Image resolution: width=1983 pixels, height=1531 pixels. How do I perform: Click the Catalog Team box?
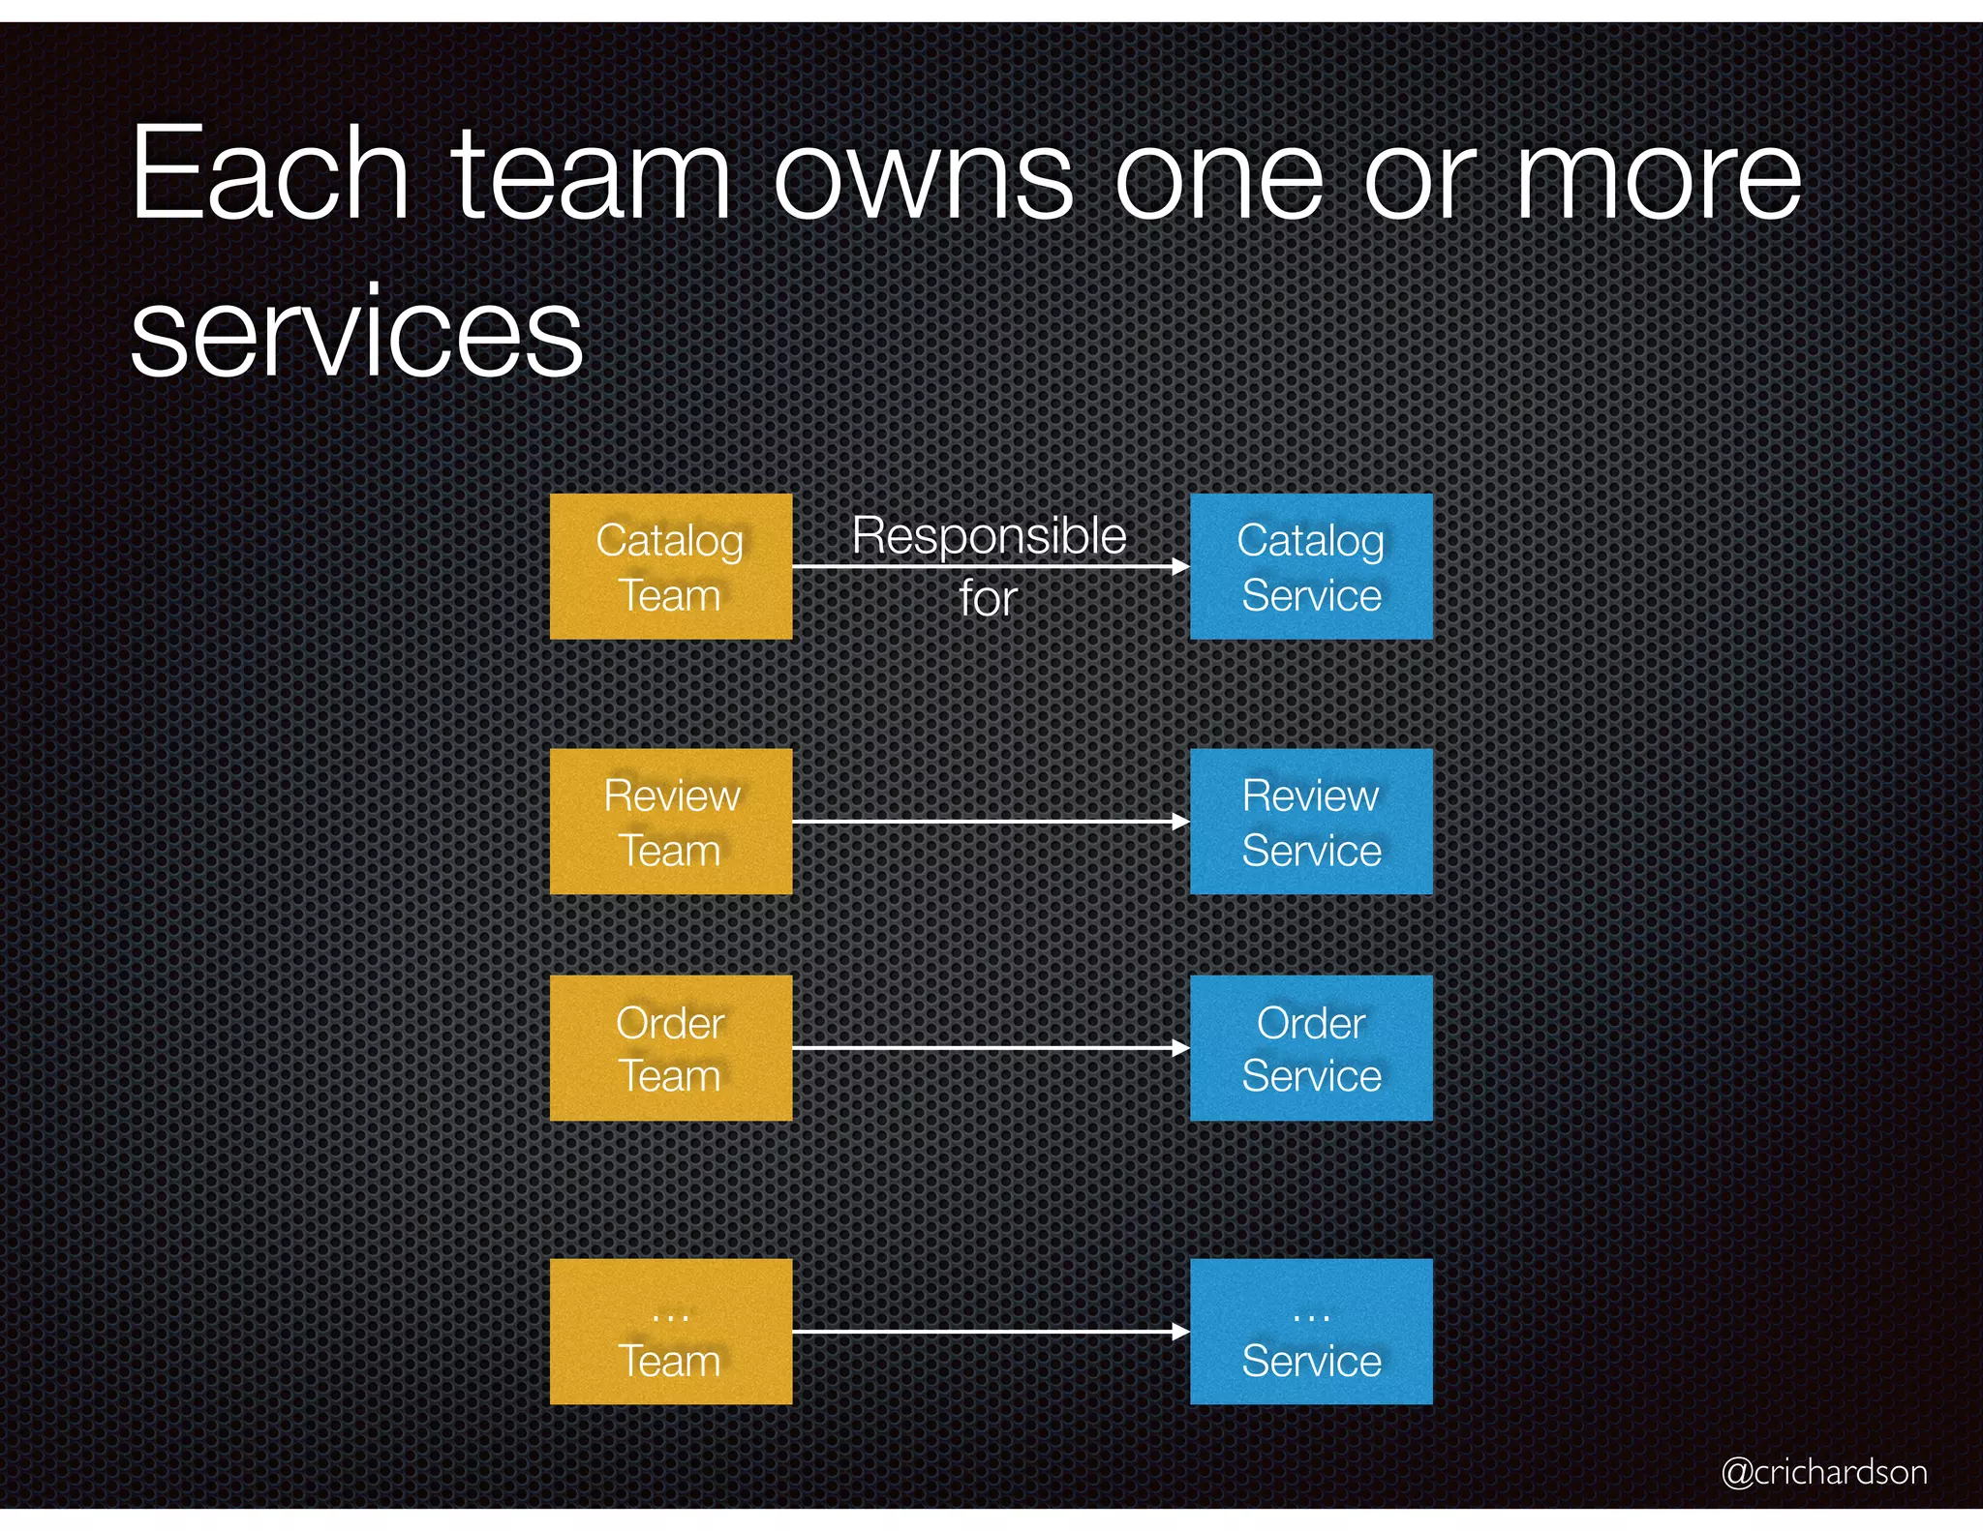coord(670,566)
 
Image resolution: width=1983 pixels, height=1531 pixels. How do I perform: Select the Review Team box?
coord(670,821)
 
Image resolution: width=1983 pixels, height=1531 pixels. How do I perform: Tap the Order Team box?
coord(670,1047)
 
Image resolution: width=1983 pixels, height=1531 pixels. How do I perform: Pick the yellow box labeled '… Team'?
coord(670,1331)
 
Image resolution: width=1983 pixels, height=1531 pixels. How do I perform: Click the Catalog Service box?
coord(1310,566)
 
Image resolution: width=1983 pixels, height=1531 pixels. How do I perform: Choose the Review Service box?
coord(1310,821)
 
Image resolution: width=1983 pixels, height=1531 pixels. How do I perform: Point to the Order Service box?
coord(1310,1047)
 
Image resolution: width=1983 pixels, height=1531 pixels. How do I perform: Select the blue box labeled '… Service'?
coord(1310,1331)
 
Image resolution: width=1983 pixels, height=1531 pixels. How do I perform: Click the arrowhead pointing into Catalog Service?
coord(1180,566)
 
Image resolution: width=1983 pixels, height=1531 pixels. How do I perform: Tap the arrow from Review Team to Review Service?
coord(990,822)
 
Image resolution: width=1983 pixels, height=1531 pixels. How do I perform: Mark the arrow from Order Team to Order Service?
coord(990,1048)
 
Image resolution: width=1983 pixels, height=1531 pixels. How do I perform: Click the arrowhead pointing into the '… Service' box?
coord(1180,1332)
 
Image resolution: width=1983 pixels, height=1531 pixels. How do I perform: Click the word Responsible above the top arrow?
coord(989,536)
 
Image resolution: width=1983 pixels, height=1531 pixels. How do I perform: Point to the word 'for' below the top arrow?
coord(988,598)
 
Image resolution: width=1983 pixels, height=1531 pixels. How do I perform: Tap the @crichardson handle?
coord(1823,1472)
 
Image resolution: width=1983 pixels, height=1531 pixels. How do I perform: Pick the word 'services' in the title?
coord(356,332)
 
